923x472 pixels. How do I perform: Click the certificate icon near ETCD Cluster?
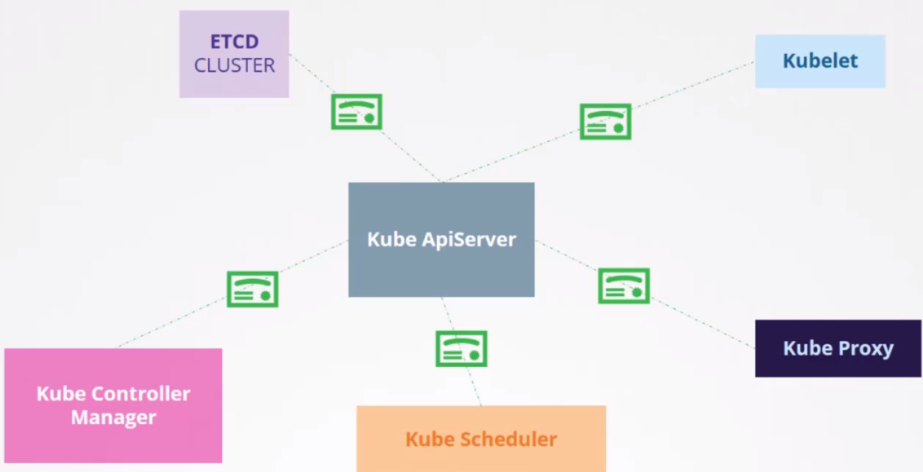click(x=356, y=112)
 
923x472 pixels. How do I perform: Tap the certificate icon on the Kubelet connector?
click(x=605, y=121)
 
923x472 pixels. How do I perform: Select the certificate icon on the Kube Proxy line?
click(x=624, y=286)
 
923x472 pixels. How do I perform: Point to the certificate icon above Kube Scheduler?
click(x=461, y=348)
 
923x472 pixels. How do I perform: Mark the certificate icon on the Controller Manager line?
click(x=252, y=289)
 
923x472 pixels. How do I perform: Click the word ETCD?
click(x=235, y=41)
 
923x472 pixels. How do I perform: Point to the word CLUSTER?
click(x=235, y=65)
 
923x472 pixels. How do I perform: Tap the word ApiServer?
click(x=469, y=240)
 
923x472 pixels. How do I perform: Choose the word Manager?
click(x=113, y=418)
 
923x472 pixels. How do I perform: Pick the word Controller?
click(x=140, y=394)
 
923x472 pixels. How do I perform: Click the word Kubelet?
click(x=820, y=60)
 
